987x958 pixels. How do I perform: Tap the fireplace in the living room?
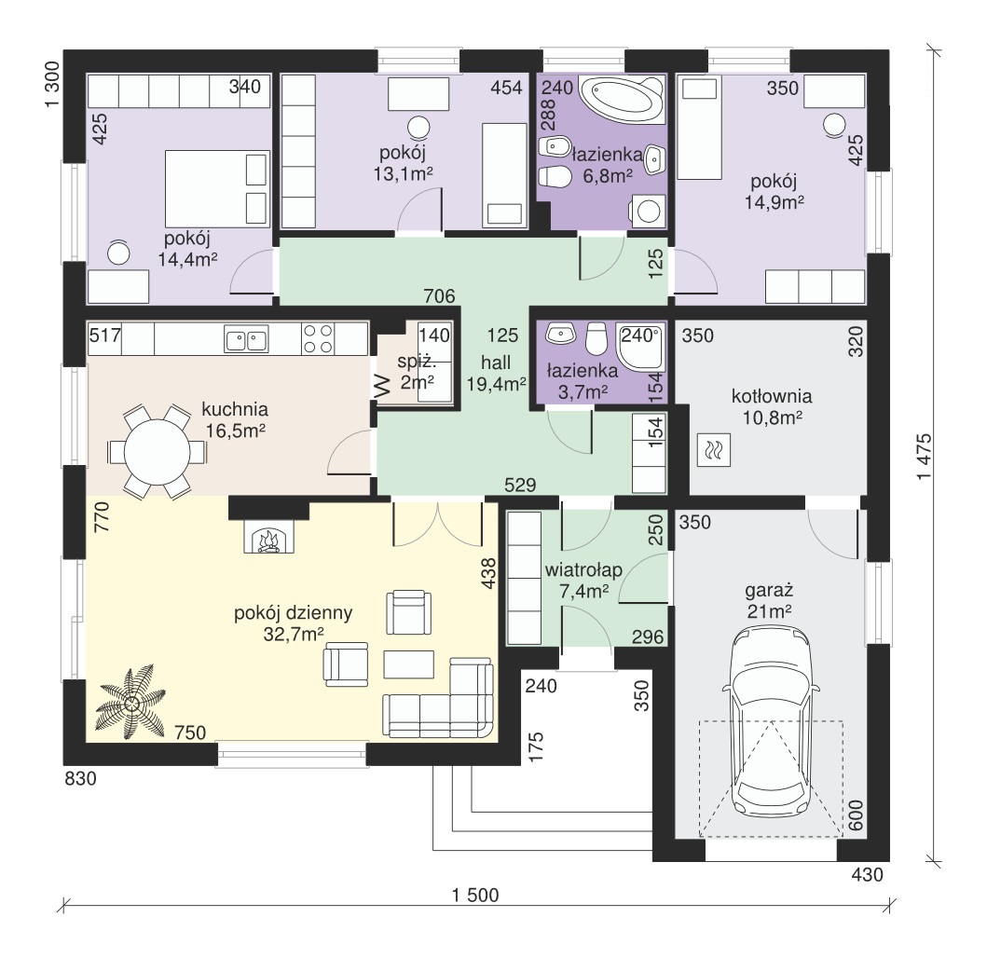pos(268,538)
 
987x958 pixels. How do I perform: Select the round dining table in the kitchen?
pos(157,451)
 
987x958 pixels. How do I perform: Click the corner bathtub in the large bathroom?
pos(622,99)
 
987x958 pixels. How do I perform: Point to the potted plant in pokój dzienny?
pos(131,703)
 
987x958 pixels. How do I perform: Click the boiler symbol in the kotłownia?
pos(714,450)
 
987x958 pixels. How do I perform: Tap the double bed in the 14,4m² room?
pos(217,188)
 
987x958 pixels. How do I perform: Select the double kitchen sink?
pos(246,338)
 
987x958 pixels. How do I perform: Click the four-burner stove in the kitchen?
pos(318,338)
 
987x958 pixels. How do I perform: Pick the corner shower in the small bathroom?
pos(640,347)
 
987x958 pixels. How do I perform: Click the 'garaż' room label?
pos(769,591)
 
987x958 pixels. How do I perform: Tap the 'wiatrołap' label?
pos(583,570)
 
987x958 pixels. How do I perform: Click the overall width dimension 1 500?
pos(475,895)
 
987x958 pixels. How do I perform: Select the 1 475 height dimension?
pos(924,457)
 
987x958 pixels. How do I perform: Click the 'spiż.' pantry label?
pos(417,362)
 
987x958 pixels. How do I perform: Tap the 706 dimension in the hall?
pos(439,295)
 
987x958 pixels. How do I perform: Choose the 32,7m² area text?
pos(294,634)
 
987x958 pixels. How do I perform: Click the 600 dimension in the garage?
pos(856,815)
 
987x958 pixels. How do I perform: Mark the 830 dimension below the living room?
pos(81,779)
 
